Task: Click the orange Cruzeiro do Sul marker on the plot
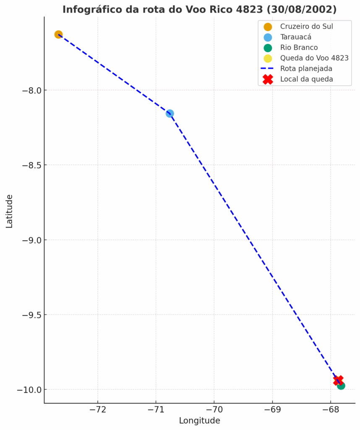[58, 34]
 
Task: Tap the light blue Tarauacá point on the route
[170, 113]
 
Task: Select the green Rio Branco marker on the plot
[341, 385]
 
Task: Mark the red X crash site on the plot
[338, 380]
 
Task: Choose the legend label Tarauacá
[296, 37]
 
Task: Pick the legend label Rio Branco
[299, 47]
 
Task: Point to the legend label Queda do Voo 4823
[314, 58]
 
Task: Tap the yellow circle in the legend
[268, 58]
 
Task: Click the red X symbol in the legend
[268, 79]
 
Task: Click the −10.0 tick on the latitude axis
[29, 390]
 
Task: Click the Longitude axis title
[199, 421]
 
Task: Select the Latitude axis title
[9, 211]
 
